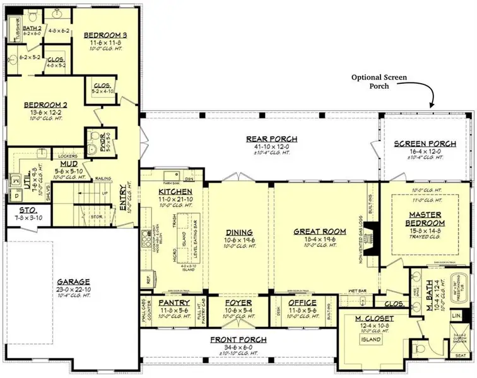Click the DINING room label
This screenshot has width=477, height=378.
point(238,232)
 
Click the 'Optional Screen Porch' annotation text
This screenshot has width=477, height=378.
point(379,81)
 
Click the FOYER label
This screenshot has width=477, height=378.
point(238,303)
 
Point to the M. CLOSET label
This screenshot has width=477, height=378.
point(375,319)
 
